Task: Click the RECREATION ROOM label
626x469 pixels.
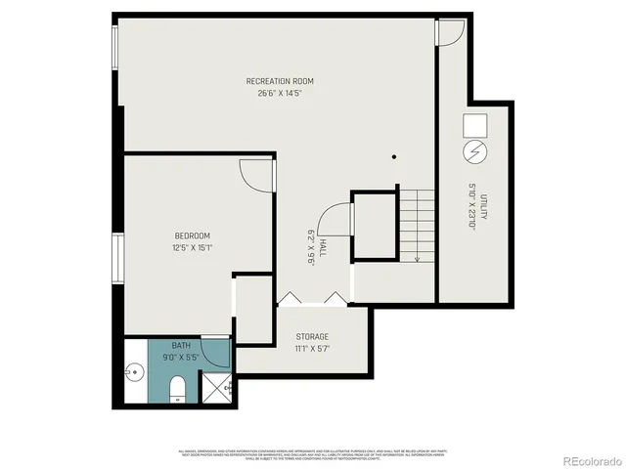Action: (x=280, y=81)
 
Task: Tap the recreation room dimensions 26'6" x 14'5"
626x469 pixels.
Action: (x=280, y=94)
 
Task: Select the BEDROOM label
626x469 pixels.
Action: (x=193, y=235)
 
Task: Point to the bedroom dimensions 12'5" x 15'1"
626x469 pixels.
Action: (x=193, y=248)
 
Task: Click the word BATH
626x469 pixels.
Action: (x=182, y=346)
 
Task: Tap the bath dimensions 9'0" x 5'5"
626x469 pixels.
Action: (x=182, y=358)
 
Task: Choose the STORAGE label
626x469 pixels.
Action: (x=312, y=337)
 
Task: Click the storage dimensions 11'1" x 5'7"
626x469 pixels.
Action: (x=312, y=350)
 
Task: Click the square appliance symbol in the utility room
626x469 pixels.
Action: (x=474, y=125)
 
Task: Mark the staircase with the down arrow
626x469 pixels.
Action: (x=417, y=225)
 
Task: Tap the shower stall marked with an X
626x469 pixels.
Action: (x=216, y=388)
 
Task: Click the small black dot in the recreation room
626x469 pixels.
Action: (x=394, y=156)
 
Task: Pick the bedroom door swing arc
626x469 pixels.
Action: (x=256, y=176)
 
